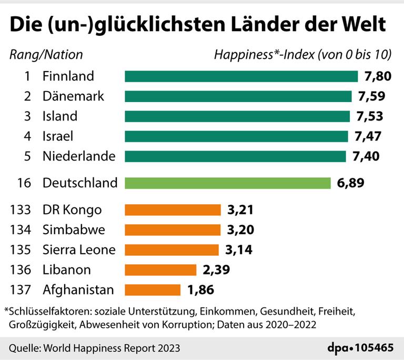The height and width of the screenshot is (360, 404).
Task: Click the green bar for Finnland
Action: point(241,76)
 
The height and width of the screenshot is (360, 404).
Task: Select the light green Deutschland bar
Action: point(227,183)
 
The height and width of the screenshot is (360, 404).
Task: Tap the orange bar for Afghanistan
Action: point(152,289)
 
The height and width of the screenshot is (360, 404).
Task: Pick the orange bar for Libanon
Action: point(160,270)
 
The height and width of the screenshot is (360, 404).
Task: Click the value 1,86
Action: point(199,289)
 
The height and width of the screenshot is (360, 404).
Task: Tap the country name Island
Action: point(59,116)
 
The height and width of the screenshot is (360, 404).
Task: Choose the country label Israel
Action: point(57,136)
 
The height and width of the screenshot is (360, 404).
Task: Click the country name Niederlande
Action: point(79,156)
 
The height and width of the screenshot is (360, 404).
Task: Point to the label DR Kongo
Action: point(72,210)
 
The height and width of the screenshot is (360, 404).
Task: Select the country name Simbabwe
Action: point(74,230)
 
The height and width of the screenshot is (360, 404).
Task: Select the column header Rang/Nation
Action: point(46,54)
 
